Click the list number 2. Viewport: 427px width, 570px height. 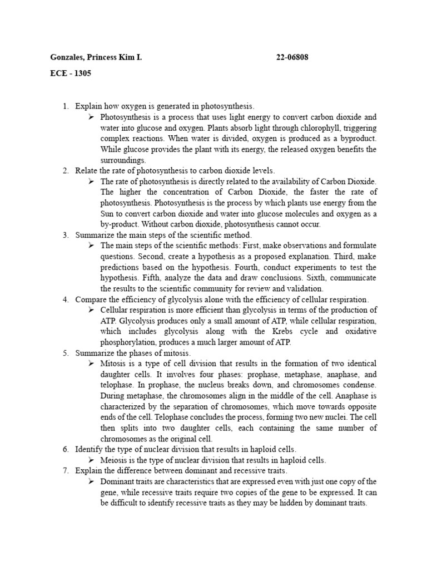pos(65,171)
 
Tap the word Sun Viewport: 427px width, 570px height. pos(108,214)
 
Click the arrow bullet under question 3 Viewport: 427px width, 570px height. pos(92,246)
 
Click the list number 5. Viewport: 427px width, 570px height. pos(65,353)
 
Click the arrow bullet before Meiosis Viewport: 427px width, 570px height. pos(92,460)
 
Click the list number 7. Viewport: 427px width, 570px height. pos(65,470)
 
